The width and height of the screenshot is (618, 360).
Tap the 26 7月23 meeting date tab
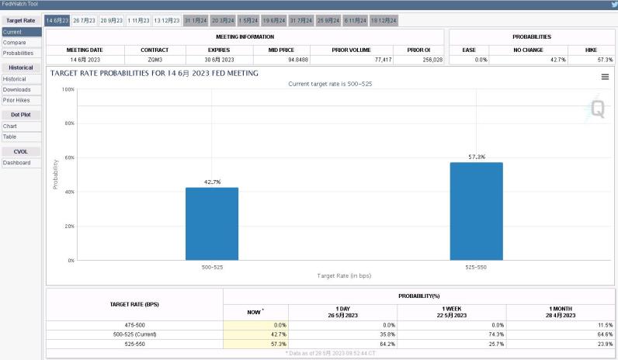click(84, 20)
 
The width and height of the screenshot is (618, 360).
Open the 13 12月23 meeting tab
click(166, 20)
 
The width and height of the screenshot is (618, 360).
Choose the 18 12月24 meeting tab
click(384, 20)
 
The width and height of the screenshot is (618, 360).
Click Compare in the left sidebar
click(14, 43)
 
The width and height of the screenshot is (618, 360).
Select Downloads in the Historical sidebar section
click(16, 90)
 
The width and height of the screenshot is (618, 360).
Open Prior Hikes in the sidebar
click(17, 100)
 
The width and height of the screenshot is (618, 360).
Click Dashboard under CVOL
click(16, 163)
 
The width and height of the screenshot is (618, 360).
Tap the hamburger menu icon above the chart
click(605, 77)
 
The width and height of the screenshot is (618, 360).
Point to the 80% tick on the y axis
click(68, 123)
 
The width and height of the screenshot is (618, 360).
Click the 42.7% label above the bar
click(212, 182)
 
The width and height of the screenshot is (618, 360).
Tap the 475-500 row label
click(134, 324)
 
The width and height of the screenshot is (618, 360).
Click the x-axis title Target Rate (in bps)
click(344, 275)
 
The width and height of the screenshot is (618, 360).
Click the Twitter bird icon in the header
click(612, 5)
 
